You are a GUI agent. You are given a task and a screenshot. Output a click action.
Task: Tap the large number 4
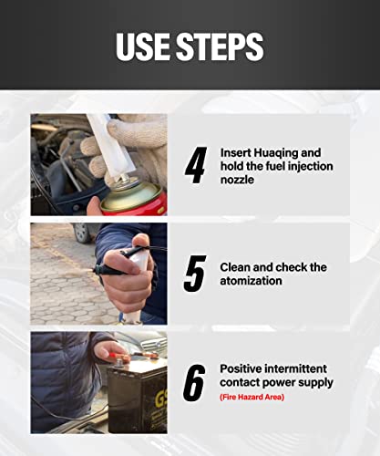pos(194,165)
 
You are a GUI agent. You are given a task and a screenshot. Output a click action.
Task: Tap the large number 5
pos(194,275)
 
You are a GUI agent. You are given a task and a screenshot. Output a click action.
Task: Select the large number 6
pos(194,383)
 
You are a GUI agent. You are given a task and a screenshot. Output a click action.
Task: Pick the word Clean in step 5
pos(237,267)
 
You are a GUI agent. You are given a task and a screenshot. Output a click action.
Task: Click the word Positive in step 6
pos(243,368)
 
